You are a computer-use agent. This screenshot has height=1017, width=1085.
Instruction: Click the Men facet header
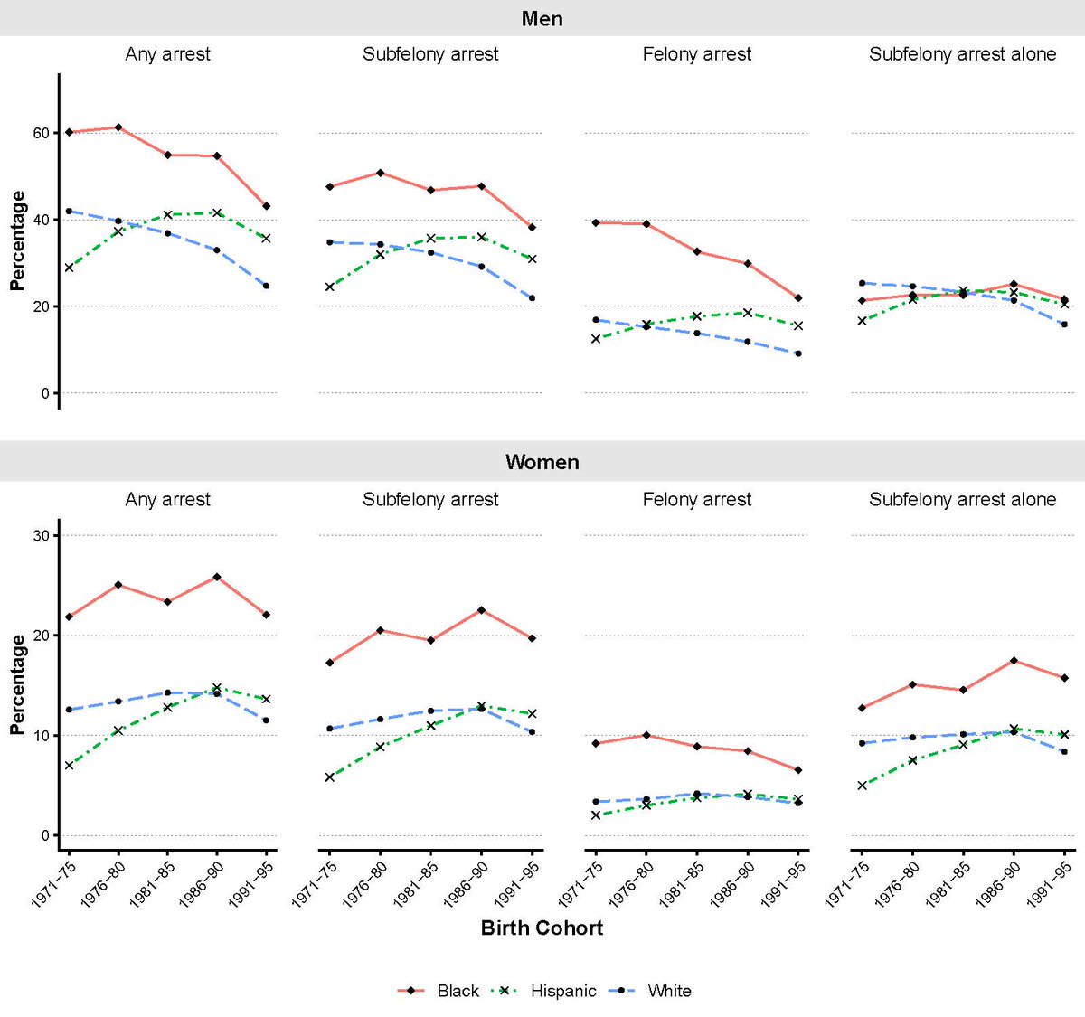542,18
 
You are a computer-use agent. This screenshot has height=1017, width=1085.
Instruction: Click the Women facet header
542,462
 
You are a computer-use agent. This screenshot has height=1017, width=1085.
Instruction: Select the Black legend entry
458,991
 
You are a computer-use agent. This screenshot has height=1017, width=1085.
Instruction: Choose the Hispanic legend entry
562,991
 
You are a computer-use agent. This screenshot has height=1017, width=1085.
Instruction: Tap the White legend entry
669,991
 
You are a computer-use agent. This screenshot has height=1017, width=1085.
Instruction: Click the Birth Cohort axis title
542,928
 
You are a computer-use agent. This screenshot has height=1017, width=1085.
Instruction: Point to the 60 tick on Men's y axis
42,133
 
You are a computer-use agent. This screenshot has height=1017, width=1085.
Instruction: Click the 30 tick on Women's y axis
42,535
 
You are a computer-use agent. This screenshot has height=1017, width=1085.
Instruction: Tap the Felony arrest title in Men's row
696,54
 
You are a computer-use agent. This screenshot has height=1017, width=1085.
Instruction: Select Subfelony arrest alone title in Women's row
962,499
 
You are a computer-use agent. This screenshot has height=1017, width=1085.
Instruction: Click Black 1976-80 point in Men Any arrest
118,127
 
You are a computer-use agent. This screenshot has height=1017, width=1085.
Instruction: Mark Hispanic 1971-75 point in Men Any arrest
69,268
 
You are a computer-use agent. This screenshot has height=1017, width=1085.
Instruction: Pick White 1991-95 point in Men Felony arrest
797,353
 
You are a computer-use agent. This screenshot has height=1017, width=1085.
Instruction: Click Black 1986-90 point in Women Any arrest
217,577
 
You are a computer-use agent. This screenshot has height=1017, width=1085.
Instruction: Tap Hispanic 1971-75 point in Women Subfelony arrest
330,777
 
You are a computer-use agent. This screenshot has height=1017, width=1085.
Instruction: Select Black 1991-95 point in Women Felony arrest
797,770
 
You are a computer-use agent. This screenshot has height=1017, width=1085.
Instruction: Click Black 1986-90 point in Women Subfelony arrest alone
1014,660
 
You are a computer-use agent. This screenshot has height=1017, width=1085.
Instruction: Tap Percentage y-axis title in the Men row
17,240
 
